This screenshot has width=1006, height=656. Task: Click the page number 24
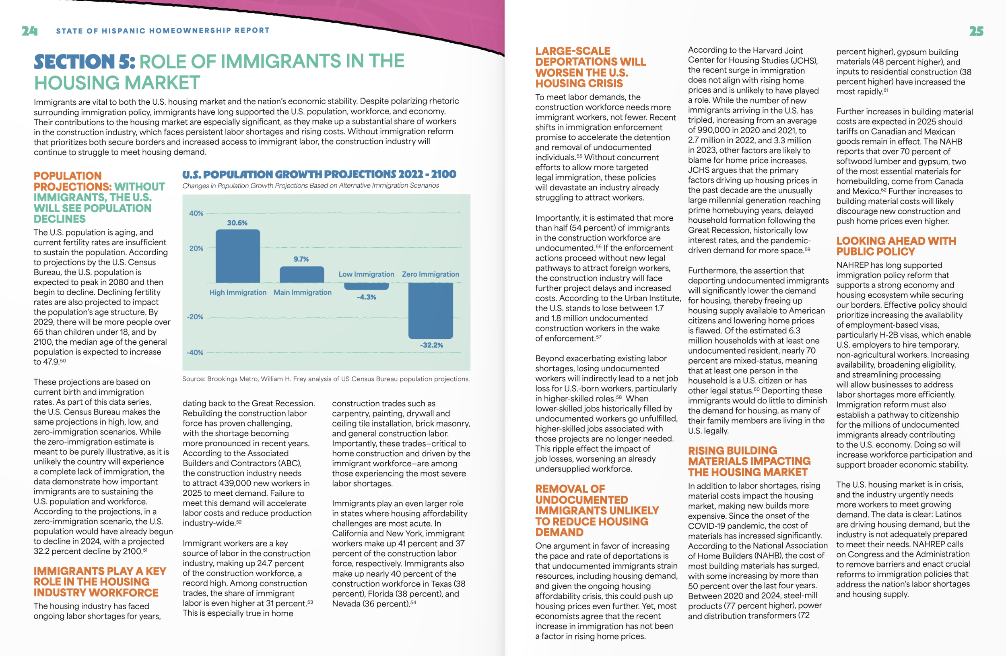point(30,31)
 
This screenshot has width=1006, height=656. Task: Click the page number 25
point(976,31)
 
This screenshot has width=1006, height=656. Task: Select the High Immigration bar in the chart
point(237,256)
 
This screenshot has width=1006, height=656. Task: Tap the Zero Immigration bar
point(430,310)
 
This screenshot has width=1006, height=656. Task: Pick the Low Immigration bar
point(366,286)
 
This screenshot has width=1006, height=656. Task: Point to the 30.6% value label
point(237,223)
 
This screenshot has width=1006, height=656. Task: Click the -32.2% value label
point(431,345)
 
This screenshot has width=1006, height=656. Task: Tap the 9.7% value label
point(301,259)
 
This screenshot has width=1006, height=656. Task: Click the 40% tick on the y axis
point(196,213)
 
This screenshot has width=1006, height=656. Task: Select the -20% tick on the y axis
point(195,317)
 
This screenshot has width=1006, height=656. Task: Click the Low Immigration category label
point(366,274)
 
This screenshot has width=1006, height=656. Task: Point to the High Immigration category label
point(237,292)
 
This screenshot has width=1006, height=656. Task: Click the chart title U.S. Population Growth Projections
point(319,174)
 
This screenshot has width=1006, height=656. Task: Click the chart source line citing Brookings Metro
point(326,379)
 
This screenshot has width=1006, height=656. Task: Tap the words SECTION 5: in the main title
point(84,62)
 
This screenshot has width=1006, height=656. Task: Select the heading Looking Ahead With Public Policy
point(896,246)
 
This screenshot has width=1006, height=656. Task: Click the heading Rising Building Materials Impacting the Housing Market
point(749,461)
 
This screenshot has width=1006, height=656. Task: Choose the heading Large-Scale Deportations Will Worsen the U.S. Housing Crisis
point(590,67)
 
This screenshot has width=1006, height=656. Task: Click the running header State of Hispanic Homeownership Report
point(163,31)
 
